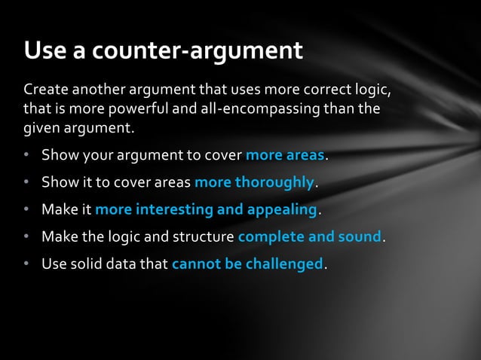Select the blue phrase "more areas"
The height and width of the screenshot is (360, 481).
coord(285,156)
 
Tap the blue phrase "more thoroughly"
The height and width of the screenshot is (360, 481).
coord(254,182)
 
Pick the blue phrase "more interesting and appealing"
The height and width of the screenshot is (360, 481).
coord(207,209)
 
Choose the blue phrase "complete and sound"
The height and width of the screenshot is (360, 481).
coord(309,237)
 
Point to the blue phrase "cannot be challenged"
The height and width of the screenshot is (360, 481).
coord(248,264)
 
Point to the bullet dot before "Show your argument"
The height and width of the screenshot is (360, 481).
coord(26,156)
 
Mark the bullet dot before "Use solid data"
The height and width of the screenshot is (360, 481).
coord(26,264)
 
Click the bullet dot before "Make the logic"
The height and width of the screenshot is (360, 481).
coord(26,237)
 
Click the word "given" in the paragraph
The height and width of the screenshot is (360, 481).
coord(42,129)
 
